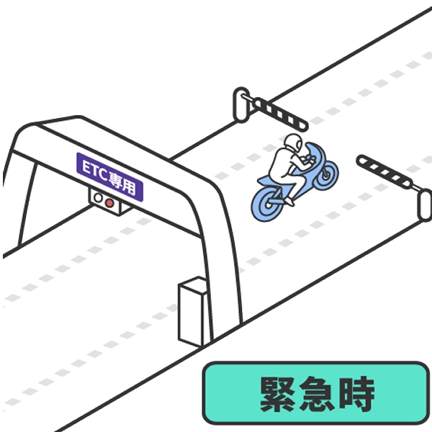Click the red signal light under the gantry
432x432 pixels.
coord(109,203)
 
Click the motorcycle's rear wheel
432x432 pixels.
coord(268,204)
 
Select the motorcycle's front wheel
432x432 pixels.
coord(327,174)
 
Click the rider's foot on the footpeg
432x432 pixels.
coord(290,201)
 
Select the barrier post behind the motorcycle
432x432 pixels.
coord(240,104)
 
